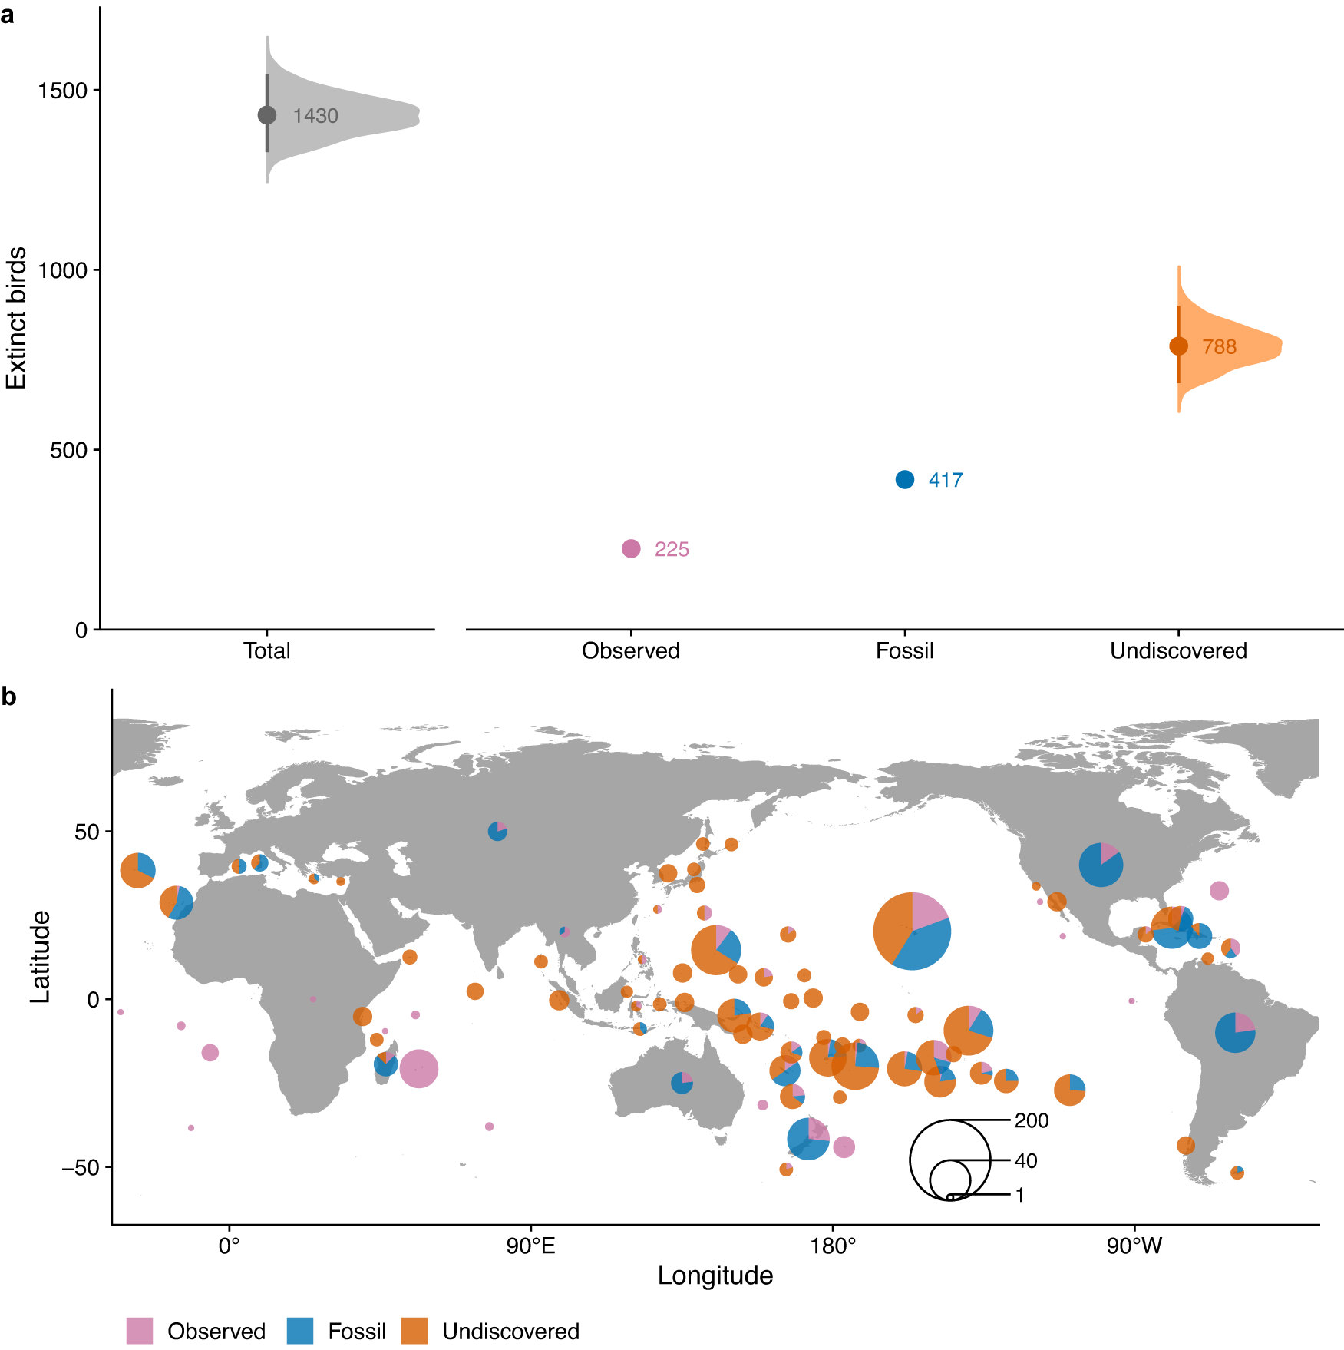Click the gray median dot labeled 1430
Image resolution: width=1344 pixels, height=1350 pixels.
point(266,115)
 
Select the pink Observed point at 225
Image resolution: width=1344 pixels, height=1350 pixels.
point(631,548)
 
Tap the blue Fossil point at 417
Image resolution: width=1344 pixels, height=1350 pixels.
point(905,479)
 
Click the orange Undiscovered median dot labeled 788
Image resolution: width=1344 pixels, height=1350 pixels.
point(1178,346)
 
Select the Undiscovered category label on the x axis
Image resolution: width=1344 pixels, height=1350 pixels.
point(1178,650)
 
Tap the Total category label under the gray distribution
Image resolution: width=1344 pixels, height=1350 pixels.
point(266,650)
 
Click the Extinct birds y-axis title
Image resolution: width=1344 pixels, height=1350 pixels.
point(16,318)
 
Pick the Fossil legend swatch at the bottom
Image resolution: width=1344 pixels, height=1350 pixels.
point(300,1331)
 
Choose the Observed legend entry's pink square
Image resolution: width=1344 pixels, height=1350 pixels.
point(140,1331)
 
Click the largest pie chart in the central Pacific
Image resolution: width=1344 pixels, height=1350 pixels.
point(912,931)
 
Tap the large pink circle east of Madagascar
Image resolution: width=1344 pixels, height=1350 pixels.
point(418,1068)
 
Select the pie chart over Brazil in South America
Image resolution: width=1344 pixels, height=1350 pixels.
point(1235,1032)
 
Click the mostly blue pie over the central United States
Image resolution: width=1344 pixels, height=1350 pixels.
point(1101,865)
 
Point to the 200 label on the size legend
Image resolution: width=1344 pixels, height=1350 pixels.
point(1031,1120)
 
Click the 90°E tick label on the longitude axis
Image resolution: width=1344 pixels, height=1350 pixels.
point(530,1246)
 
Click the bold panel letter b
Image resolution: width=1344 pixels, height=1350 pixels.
point(9,697)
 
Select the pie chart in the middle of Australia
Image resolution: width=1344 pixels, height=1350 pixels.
point(682,1083)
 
